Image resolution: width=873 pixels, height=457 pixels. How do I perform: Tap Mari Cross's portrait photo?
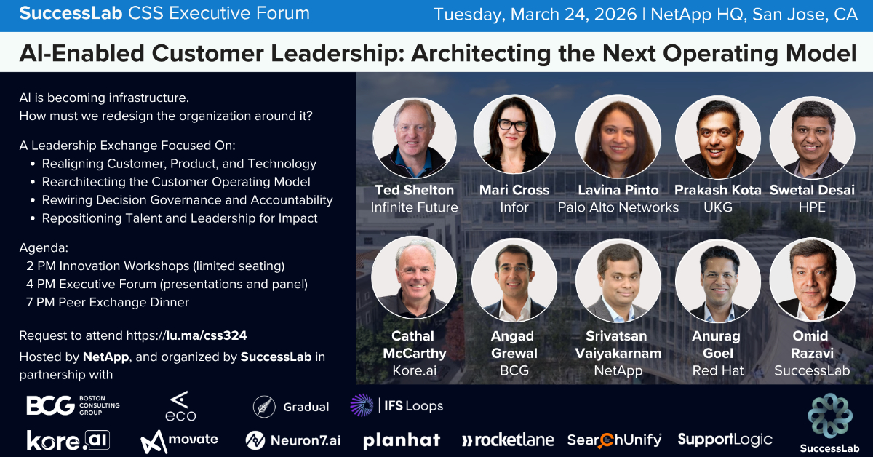point(514,135)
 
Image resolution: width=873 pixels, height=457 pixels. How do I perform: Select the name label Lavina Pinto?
point(618,190)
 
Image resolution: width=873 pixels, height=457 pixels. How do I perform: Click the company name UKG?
point(717,207)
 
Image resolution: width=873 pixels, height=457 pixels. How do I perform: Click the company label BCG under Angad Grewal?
point(514,370)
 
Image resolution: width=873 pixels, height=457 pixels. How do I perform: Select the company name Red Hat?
point(717,370)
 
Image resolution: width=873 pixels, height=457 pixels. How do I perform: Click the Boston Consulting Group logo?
point(73,405)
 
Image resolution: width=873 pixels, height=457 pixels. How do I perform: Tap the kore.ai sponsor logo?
point(67,440)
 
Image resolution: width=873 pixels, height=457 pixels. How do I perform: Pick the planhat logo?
point(402,440)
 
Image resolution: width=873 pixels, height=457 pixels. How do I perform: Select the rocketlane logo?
point(507,440)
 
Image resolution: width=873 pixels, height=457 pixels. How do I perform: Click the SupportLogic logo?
point(725,440)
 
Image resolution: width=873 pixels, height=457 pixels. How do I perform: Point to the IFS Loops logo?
point(396,405)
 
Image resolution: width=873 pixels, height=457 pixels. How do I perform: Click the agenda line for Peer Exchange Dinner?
point(108,302)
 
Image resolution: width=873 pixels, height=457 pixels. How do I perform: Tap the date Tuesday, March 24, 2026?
point(535,15)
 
